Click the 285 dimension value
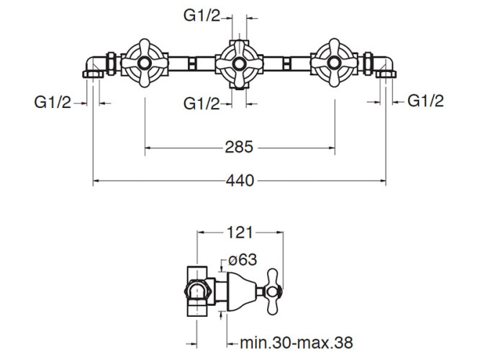coord(240,148)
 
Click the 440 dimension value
coord(240,181)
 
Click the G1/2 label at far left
coord(53,102)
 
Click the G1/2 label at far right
coord(426,101)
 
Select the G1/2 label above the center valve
coord(202,16)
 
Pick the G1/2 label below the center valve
coord(202,104)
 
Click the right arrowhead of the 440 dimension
coord(383,181)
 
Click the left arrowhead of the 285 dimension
coord(149,148)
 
